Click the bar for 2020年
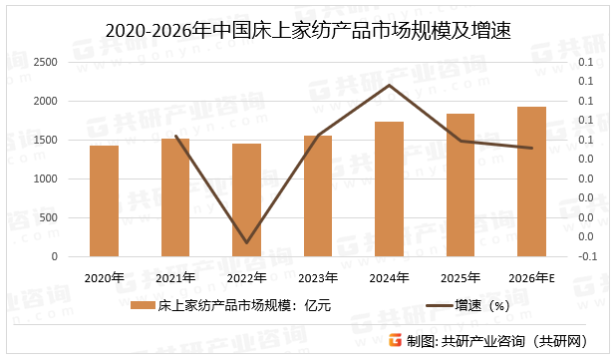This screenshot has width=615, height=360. point(105,201)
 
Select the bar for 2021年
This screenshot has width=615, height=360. point(175,197)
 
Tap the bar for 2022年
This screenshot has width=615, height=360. point(247,200)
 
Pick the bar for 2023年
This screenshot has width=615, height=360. point(318,196)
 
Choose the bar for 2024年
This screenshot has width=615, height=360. point(390,189)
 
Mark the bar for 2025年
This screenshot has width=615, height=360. point(461,185)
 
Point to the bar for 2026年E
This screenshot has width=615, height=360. point(532,181)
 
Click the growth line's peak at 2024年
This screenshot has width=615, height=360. point(390,85)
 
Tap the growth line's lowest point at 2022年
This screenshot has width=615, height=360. point(247,242)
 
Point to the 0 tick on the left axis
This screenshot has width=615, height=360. point(54,256)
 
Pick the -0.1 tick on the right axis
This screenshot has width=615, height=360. point(587,256)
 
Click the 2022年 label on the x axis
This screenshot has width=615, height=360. point(247,277)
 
